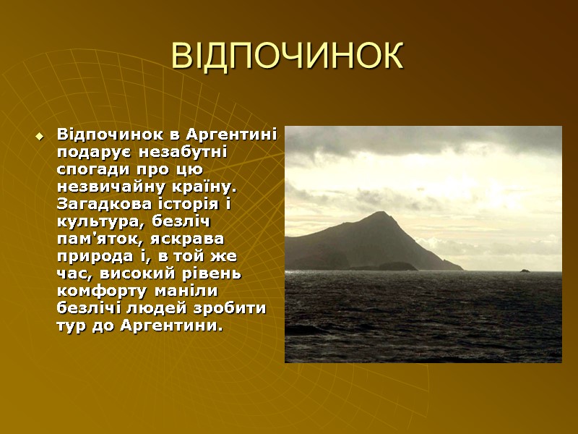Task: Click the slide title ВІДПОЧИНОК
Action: [288, 56]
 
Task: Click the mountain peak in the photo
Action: [381, 214]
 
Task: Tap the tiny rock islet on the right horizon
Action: [525, 271]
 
